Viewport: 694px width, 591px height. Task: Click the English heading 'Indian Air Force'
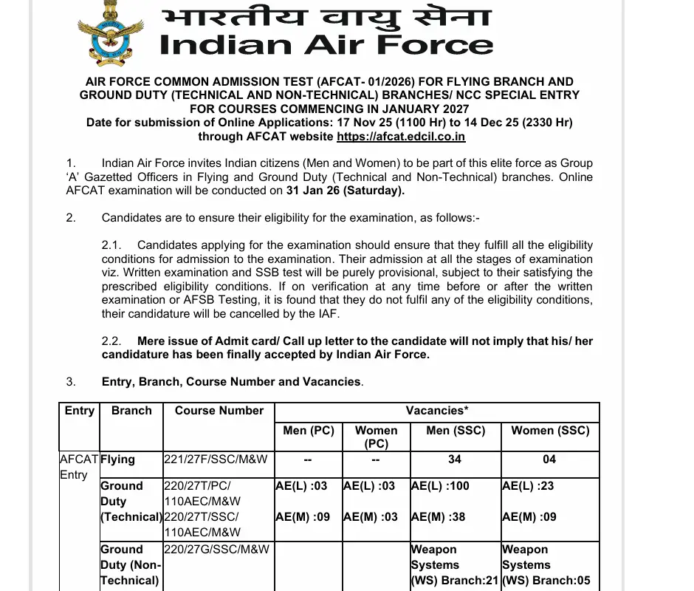pos(326,44)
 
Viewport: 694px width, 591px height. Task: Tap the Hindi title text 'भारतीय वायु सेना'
pos(326,16)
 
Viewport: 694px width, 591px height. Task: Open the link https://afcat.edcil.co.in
pos(401,137)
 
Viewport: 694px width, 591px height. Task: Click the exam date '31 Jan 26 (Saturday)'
pos(345,191)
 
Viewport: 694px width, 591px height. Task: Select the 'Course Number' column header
pos(219,411)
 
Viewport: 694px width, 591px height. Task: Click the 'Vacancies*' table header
pos(437,411)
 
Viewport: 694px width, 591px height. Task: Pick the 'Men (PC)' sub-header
pos(309,430)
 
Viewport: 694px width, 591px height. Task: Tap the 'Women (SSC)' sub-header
pos(550,430)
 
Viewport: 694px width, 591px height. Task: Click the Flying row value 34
pos(455,460)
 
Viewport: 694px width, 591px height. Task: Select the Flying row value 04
pos(549,460)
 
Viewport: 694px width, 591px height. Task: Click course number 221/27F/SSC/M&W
pos(216,460)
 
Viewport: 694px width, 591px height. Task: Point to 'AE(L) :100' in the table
pos(440,486)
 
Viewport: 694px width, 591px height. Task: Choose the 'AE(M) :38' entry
pos(439,517)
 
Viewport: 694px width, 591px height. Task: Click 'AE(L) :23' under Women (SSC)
pos(527,486)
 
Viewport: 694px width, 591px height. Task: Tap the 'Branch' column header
pos(131,411)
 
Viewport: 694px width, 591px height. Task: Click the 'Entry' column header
pos(79,411)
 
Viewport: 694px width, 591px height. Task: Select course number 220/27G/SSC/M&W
pos(216,550)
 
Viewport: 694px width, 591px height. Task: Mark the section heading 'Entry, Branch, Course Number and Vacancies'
pos(232,382)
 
